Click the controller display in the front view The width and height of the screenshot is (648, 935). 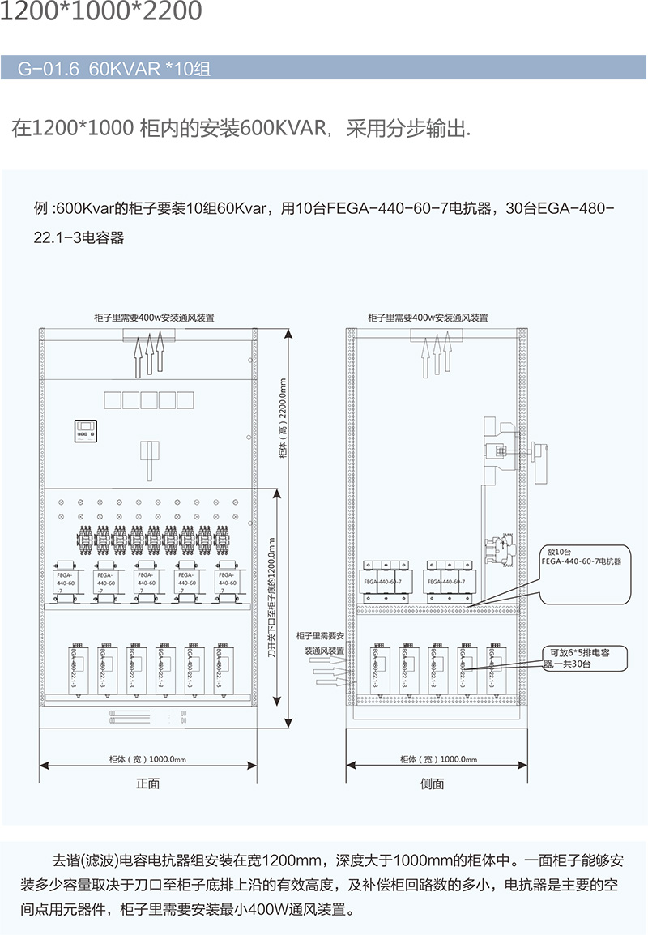pos(86,430)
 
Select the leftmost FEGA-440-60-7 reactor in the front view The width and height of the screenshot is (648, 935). pos(65,581)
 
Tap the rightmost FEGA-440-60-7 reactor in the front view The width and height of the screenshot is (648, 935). pos(228,581)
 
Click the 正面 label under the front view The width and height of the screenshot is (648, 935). pos(147,783)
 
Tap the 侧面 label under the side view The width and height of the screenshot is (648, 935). pos(433,783)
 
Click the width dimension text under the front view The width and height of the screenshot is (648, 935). pos(147,759)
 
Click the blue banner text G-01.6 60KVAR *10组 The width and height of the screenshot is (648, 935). pos(114,69)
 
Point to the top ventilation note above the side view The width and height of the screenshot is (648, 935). pos(428,318)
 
